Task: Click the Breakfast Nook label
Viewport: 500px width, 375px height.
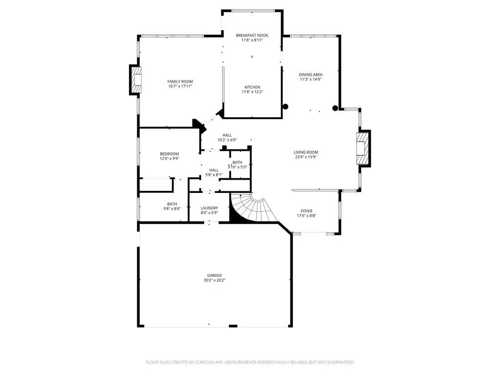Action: tap(252, 35)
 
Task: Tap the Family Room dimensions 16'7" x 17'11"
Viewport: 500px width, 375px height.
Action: tap(180, 86)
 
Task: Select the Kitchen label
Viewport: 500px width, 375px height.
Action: tap(252, 87)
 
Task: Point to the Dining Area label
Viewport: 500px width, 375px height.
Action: tap(311, 75)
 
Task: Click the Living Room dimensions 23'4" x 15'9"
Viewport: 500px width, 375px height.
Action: tap(306, 157)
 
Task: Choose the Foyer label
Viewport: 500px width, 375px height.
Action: tap(307, 211)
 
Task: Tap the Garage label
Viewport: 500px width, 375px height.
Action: tap(215, 275)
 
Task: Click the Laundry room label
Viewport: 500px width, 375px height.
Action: tap(209, 208)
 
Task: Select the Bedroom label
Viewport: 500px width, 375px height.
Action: tap(169, 154)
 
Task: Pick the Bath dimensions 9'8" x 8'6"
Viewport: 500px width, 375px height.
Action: tap(172, 209)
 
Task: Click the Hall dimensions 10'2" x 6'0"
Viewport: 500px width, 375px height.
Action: tap(227, 140)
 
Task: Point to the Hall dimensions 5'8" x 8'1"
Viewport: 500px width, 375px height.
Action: tap(214, 175)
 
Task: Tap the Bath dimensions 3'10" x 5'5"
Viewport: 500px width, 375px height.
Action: tap(237, 167)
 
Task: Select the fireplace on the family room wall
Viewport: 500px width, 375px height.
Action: tap(136, 80)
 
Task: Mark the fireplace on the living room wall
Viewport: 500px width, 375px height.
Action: tap(363, 148)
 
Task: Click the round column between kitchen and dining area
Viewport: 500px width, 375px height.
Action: tap(285, 106)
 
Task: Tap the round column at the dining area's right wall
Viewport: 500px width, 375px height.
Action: tap(335, 108)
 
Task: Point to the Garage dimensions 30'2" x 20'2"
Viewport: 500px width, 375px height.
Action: tap(215, 280)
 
